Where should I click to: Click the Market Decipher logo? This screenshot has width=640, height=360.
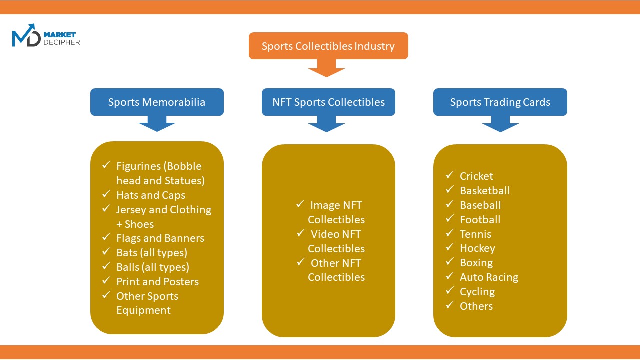click(x=45, y=36)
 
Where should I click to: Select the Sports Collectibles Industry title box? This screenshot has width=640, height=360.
click(x=328, y=46)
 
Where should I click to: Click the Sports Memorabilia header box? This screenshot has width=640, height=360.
click(x=157, y=102)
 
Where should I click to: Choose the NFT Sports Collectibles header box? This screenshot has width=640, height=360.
click(x=328, y=102)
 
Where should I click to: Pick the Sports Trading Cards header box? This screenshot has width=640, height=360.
click(x=500, y=102)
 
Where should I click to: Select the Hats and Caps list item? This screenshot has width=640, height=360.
click(x=151, y=195)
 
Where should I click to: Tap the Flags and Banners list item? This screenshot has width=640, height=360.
click(x=160, y=238)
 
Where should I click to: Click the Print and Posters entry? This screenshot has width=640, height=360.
click(x=157, y=282)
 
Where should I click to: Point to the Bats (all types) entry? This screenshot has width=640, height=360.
click(x=152, y=253)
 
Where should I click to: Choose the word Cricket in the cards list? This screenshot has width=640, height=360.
click(x=476, y=176)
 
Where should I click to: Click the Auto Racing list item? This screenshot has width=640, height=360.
click(x=489, y=277)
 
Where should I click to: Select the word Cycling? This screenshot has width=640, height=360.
click(x=477, y=292)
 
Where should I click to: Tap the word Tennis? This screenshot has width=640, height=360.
click(x=475, y=234)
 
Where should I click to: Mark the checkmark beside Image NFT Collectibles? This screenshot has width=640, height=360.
click(x=300, y=204)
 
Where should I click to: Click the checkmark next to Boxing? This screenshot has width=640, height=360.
click(x=450, y=262)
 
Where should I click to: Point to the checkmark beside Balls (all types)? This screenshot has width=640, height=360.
click(x=106, y=266)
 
